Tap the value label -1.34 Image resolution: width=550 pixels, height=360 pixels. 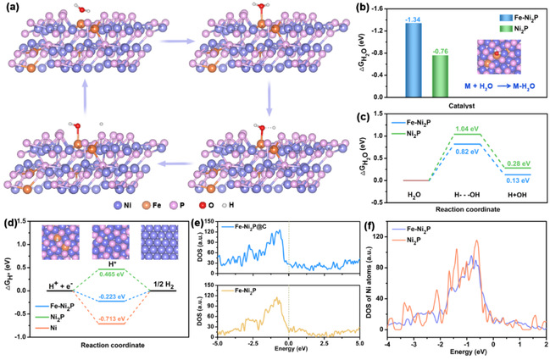coord(389,17)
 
